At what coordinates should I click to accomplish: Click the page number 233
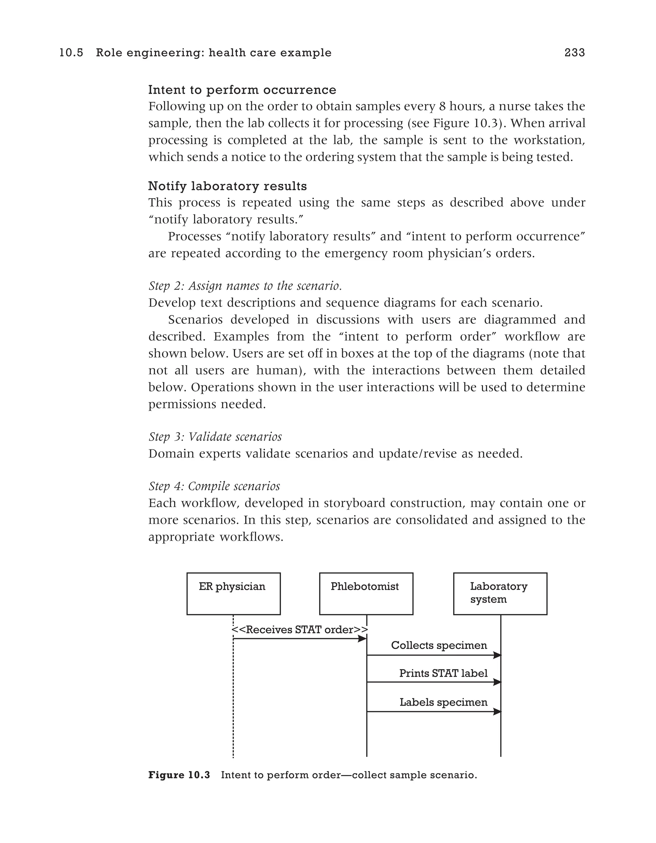point(575,53)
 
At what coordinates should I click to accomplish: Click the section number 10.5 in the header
point(71,53)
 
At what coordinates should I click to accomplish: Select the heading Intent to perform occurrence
point(242,90)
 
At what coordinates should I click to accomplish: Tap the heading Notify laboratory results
point(227,186)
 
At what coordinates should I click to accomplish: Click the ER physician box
point(234,594)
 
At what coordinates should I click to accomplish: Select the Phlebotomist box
point(366,594)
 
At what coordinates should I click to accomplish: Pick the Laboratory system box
point(500,594)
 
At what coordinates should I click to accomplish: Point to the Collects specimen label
point(439,645)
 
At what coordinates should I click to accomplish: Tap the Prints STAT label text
point(443,673)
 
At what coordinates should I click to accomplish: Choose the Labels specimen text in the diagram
point(443,702)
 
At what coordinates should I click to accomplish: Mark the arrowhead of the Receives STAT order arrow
point(362,639)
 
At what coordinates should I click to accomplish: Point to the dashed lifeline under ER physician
point(233,714)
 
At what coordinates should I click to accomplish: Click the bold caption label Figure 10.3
point(179,775)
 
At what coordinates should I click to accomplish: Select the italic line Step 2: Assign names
point(245,286)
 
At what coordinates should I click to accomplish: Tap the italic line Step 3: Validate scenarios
point(215,437)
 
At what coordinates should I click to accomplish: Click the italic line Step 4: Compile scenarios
point(214,486)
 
